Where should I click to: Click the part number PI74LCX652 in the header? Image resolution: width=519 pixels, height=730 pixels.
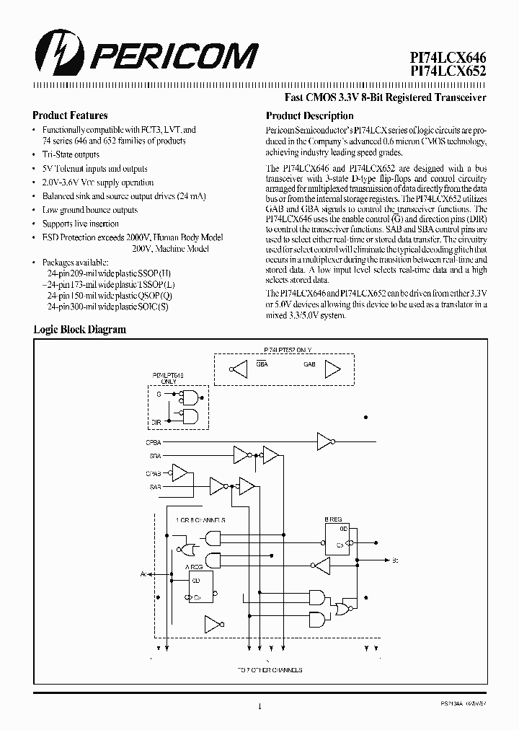(448, 73)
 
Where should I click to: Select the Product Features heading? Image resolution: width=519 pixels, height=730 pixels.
(70, 115)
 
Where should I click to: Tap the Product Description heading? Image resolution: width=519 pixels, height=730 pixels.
(309, 116)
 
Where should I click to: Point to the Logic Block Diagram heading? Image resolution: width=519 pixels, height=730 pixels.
(79, 330)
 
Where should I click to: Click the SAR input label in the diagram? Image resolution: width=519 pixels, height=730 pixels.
(154, 488)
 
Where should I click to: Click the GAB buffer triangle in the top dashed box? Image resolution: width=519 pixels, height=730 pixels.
(332, 369)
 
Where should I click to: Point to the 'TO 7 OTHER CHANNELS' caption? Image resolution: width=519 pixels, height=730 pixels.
(270, 670)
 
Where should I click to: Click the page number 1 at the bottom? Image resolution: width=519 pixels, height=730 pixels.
(259, 707)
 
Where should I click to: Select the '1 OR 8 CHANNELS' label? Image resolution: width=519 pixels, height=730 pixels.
(200, 519)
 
